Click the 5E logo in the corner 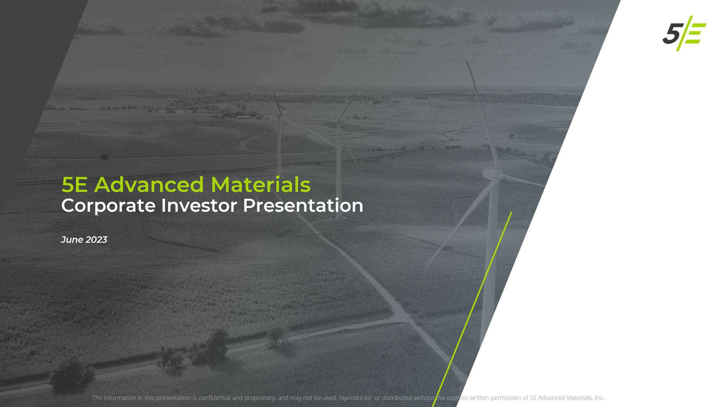(684, 33)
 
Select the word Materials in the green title (261, 185)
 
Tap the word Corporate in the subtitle (108, 206)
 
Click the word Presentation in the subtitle (303, 205)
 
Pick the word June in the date (72, 240)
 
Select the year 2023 (96, 240)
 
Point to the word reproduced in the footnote (355, 398)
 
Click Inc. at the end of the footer (599, 398)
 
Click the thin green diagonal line (472, 309)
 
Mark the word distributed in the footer (397, 398)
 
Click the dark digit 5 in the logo (672, 34)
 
